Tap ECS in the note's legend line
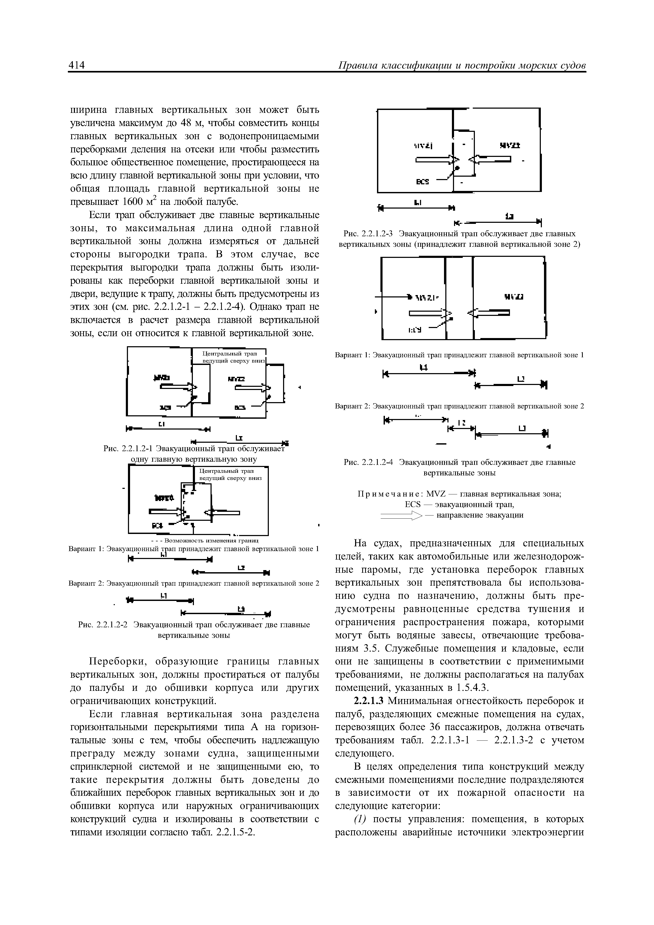412,504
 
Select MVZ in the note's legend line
435,494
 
